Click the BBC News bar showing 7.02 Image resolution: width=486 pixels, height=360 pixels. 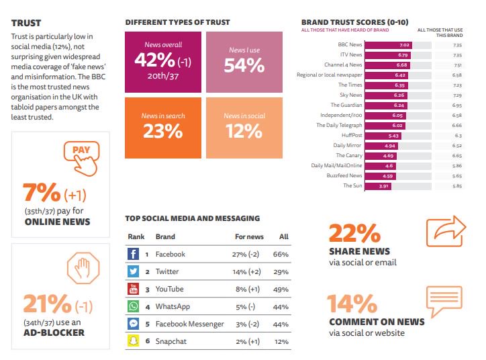pos(388,45)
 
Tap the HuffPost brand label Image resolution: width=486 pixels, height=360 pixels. pos(352,135)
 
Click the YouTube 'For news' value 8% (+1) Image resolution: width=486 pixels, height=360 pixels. pos(248,289)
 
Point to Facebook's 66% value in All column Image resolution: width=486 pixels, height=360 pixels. pos(281,255)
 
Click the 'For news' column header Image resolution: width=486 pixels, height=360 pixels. pos(249,237)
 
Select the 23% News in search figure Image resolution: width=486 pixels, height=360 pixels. pos(162,131)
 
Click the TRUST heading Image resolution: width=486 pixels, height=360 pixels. pos(25,22)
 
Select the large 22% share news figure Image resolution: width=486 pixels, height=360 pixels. pos(355,233)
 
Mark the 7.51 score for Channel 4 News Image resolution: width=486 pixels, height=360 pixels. pos(458,65)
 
